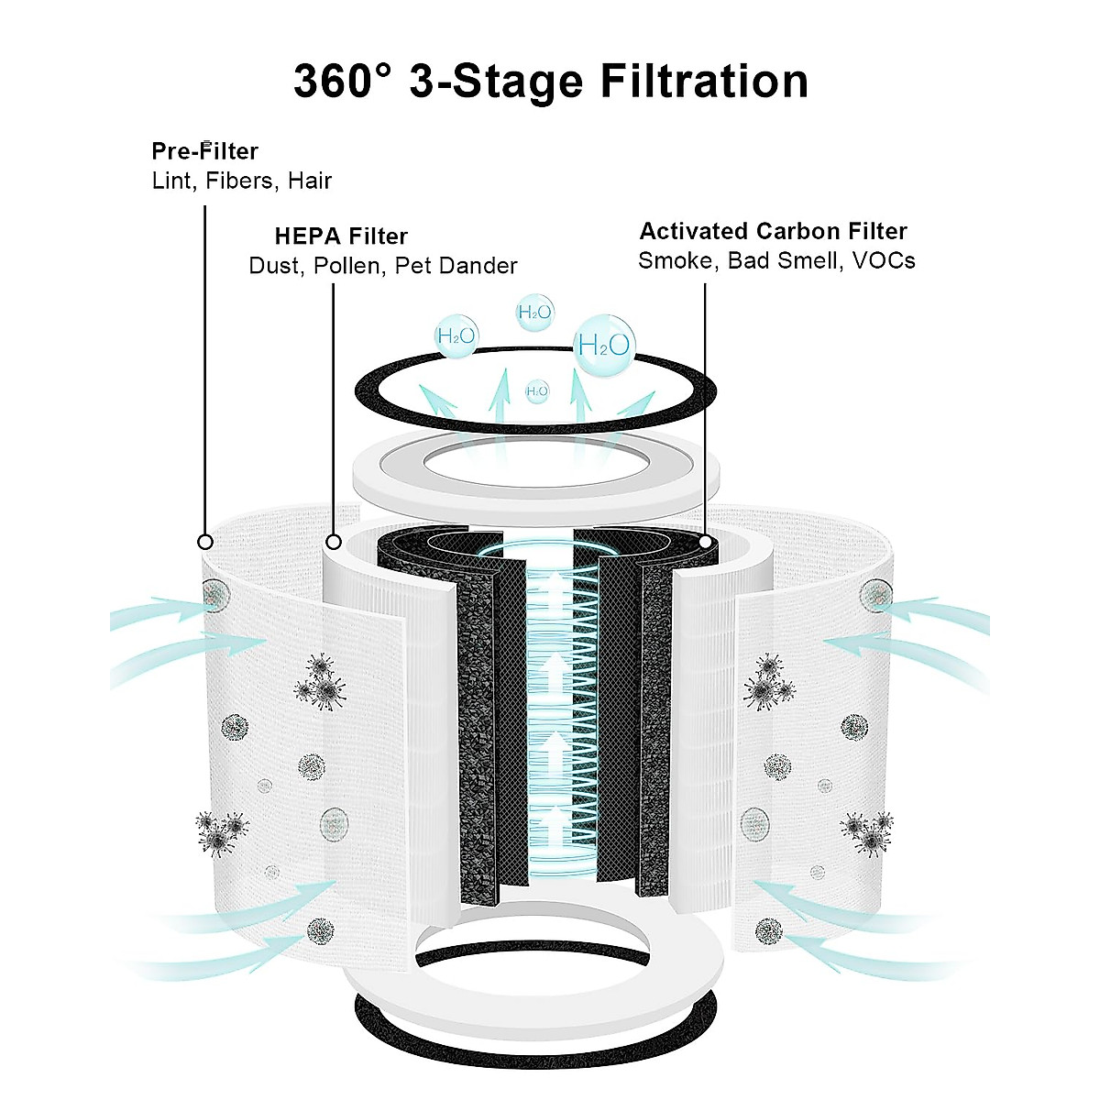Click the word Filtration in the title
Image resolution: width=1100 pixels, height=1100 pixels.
(704, 81)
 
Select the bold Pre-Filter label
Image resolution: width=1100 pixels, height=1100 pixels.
(204, 151)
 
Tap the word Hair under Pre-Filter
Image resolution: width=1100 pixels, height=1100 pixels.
(309, 181)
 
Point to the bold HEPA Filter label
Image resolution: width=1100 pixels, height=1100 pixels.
(341, 236)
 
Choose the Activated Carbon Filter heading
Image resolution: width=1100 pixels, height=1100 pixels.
(773, 231)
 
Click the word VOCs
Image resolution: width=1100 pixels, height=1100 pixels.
(884, 260)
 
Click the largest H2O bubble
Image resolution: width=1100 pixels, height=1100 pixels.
(604, 345)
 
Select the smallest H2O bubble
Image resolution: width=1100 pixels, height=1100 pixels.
(537, 391)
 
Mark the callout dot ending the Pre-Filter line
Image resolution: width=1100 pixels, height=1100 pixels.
(205, 542)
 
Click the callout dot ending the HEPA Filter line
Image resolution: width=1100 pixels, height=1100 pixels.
(334, 542)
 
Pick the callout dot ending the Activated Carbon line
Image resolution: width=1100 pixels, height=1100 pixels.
(705, 542)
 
